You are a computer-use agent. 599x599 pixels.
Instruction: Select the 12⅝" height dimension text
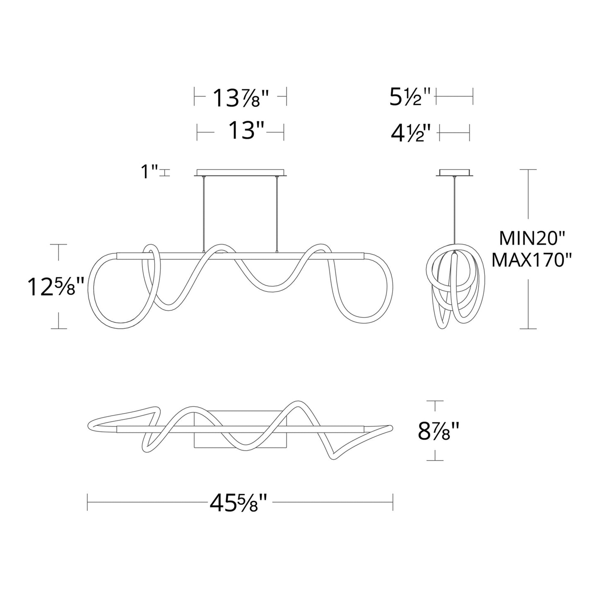[x=56, y=287]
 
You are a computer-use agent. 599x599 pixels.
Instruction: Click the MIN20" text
[x=527, y=239]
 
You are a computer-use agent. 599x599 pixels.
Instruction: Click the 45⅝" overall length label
[x=240, y=504]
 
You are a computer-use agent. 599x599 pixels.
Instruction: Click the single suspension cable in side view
[x=455, y=211]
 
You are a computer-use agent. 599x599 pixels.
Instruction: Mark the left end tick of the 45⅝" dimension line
[x=87, y=502]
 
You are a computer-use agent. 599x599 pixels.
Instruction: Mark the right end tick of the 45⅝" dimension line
[x=393, y=502]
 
